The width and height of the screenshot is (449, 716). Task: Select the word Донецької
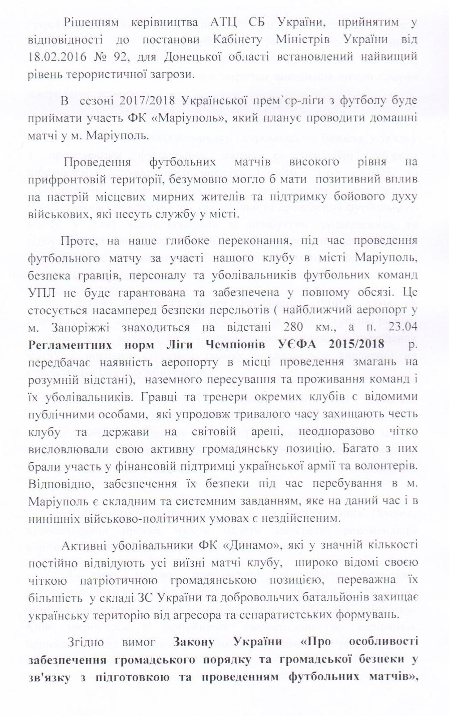216,57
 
